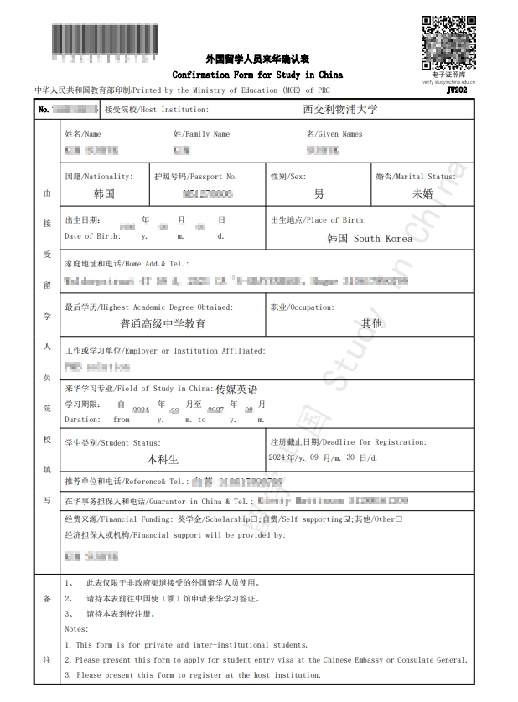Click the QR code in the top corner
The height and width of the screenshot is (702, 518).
444,42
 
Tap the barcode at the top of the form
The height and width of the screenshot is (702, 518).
105,42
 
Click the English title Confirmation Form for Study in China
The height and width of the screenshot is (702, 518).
257,75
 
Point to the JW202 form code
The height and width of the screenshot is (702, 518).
457,91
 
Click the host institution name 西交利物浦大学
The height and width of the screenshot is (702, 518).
340,109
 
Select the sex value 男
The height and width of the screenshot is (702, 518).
319,194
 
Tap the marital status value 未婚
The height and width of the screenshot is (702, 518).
422,194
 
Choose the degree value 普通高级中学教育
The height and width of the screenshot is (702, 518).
163,323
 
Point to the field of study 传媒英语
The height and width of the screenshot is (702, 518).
236,389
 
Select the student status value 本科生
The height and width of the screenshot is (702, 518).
163,459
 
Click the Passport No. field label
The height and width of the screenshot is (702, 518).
195,177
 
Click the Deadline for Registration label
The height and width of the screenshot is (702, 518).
324,441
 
